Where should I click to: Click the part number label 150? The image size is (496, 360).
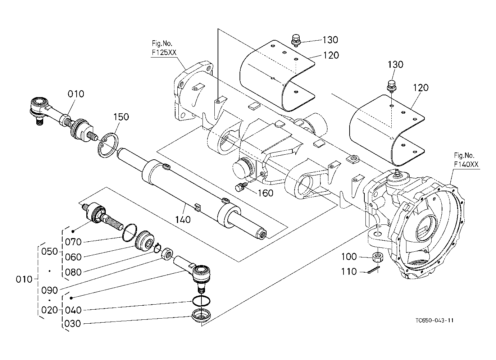coord(121,117)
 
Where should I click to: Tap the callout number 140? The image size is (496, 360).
coord(183,219)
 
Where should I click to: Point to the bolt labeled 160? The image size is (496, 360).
coord(240,187)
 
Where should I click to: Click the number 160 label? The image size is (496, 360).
coord(265,193)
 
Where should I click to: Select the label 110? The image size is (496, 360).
coord(349,272)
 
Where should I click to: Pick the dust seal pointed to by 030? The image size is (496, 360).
coord(201,316)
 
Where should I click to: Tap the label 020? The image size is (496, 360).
coord(50,310)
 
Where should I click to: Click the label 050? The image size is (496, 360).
coord(50,251)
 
